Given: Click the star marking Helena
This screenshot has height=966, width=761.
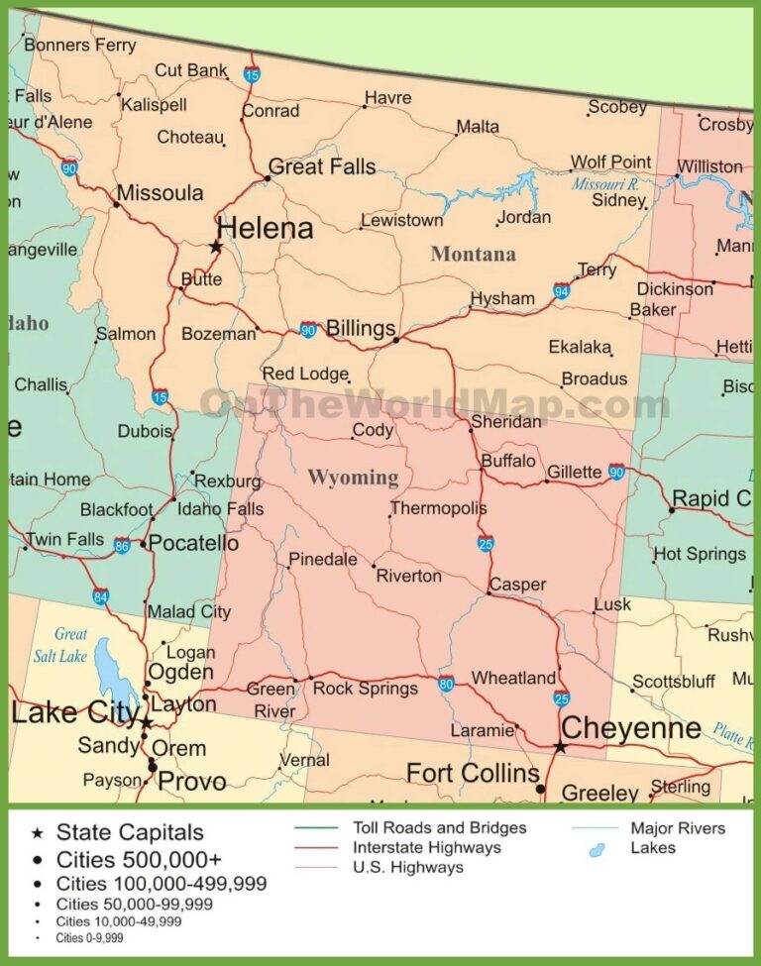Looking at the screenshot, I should pyautogui.click(x=215, y=246).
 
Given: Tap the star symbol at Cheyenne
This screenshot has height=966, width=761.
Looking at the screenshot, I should pyautogui.click(x=560, y=746).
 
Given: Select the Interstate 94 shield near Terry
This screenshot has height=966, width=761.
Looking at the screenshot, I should pyautogui.click(x=562, y=290).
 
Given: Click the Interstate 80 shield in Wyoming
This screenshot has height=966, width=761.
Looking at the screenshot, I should pyautogui.click(x=447, y=683).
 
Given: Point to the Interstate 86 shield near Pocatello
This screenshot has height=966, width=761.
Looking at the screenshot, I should pyautogui.click(x=122, y=545).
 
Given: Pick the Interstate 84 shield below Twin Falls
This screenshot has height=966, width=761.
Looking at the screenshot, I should pyautogui.click(x=101, y=596).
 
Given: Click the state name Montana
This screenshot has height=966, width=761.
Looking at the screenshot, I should pyautogui.click(x=473, y=254).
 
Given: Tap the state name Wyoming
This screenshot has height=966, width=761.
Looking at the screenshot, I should pyautogui.click(x=353, y=478).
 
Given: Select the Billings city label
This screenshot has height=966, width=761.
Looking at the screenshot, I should pyautogui.click(x=361, y=329).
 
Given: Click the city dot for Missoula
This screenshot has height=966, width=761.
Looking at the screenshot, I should pyautogui.click(x=116, y=205).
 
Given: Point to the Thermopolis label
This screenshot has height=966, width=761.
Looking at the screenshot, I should pyautogui.click(x=439, y=508).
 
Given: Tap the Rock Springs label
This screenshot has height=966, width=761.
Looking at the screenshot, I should pyautogui.click(x=365, y=688).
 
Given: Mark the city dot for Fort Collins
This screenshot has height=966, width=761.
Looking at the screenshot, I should pyautogui.click(x=540, y=789).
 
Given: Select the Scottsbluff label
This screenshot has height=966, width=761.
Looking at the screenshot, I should pyautogui.click(x=674, y=682).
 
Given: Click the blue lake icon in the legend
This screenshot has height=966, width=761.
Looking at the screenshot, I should pyautogui.click(x=598, y=849).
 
